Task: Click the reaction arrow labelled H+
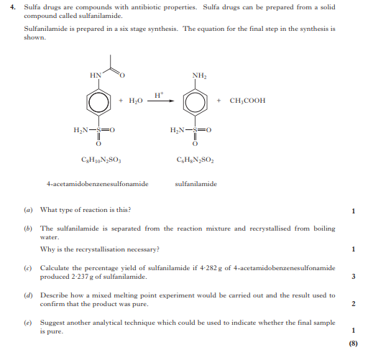[159, 102]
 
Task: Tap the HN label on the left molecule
[95, 74]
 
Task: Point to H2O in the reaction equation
[134, 101]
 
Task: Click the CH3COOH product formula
[247, 101]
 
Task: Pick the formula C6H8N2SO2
[193, 160]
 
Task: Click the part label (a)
[27, 210]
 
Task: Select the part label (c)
[27, 267]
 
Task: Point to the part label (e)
[27, 323]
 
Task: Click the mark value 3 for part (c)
[354, 276]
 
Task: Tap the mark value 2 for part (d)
[354, 304]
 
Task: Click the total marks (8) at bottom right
[353, 343]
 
